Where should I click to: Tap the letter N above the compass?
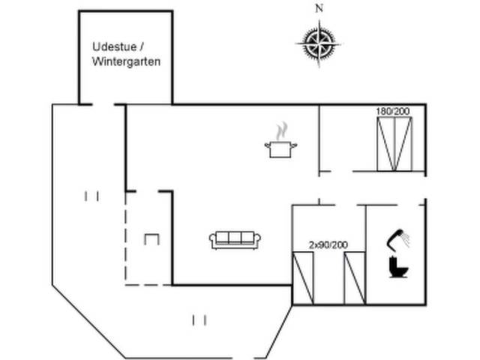coord(319,9)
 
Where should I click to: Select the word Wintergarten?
coord(127,61)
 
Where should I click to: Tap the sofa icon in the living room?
coord(235,240)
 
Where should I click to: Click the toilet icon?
coord(398,268)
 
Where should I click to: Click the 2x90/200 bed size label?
coord(328,244)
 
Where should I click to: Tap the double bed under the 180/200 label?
coord(394,145)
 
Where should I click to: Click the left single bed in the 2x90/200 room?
coord(303,278)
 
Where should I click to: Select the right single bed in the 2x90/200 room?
coord(353,278)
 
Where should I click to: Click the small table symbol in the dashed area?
coord(151,239)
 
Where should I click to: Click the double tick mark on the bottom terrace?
coord(199,320)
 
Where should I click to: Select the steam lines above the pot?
coord(281,131)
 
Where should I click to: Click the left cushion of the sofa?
coord(221,238)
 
